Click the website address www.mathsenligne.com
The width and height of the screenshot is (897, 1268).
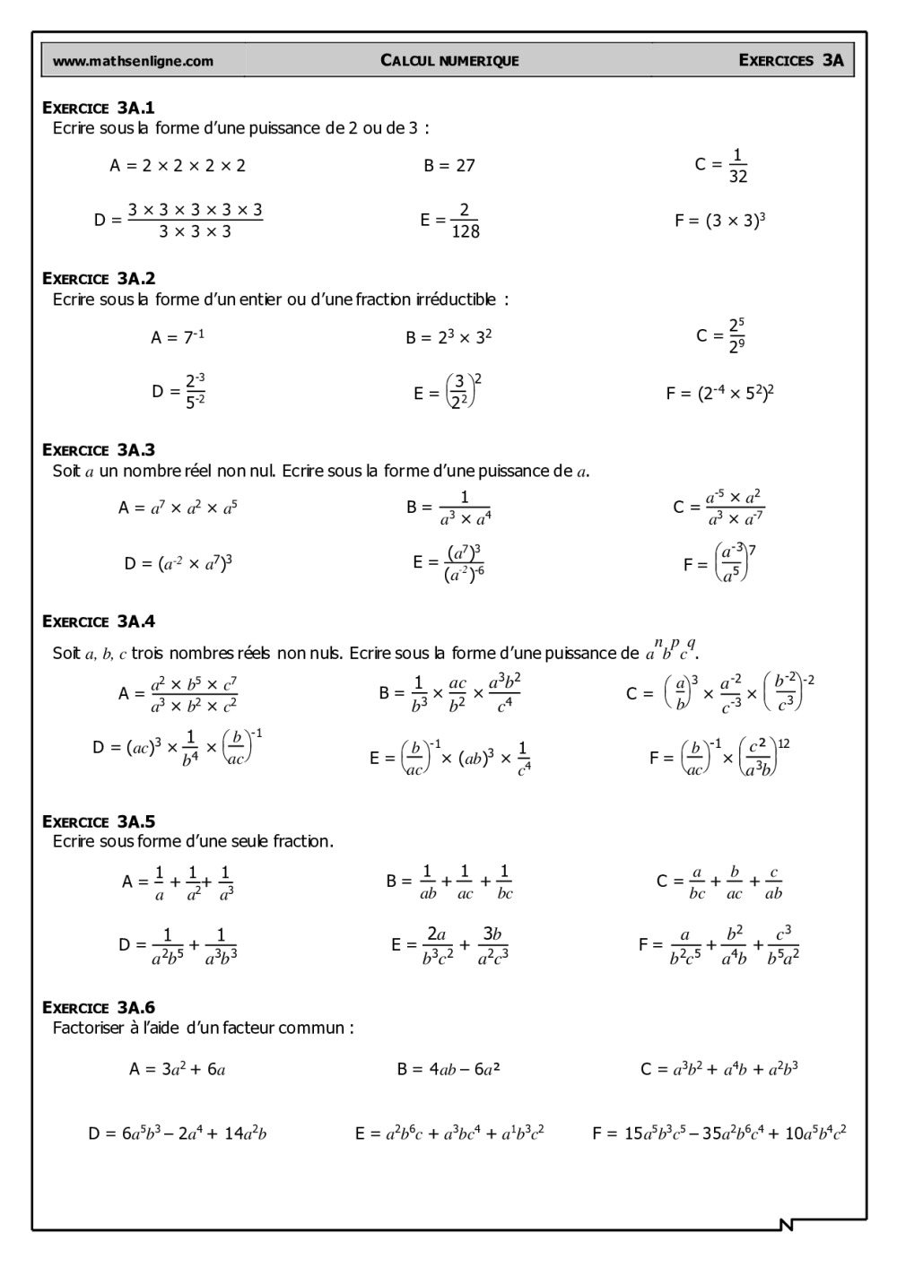pos(133,61)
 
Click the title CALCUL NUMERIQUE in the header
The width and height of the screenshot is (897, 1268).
pos(449,61)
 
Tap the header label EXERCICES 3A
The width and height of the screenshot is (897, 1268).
pos(790,60)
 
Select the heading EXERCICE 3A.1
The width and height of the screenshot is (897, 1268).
pos(99,108)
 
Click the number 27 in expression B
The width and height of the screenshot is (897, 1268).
pos(465,166)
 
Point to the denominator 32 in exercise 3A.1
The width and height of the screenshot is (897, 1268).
pos(738,177)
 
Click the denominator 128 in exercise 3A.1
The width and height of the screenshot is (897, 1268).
pos(466,231)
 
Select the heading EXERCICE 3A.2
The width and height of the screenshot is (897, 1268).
pos(99,279)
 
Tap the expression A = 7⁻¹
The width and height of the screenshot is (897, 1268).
pos(178,337)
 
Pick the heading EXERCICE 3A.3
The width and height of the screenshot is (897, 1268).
pos(99,450)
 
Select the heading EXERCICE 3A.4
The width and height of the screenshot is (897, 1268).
pos(99,621)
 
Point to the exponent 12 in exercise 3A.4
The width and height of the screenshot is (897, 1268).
pos(784,743)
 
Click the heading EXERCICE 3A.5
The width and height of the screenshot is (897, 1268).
pos(99,821)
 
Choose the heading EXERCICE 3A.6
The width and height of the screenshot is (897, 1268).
pos(99,1008)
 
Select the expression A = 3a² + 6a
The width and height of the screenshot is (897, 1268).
pos(177,1069)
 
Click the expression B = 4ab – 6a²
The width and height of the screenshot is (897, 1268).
pos(448,1069)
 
